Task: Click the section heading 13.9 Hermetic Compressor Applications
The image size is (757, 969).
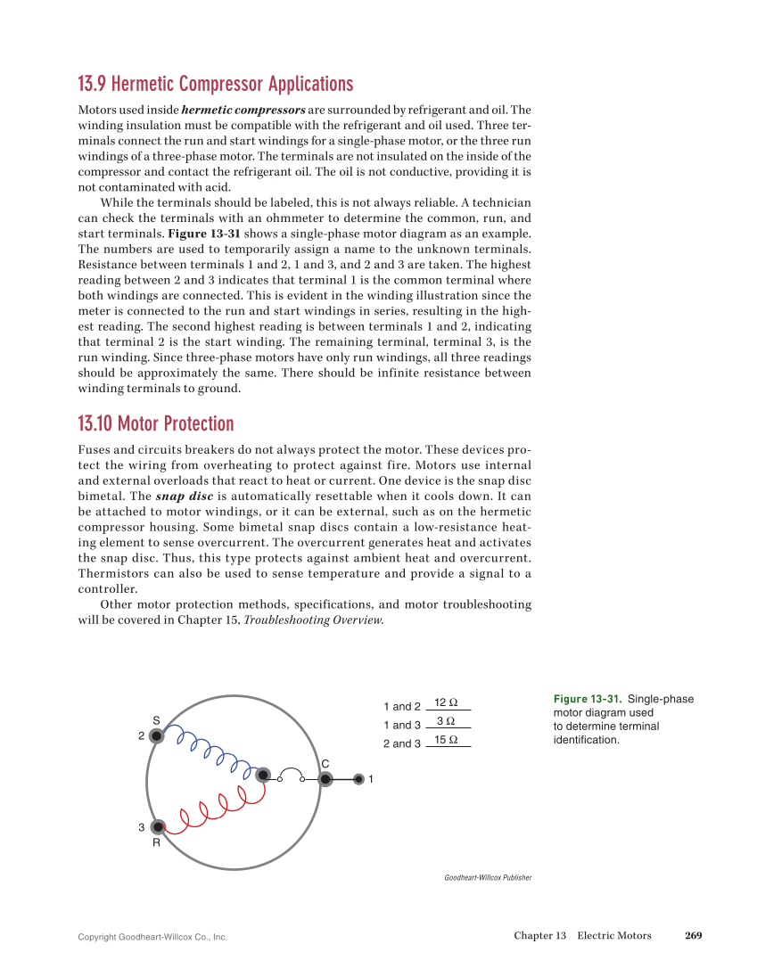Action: (x=215, y=85)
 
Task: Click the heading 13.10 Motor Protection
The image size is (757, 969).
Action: (x=156, y=423)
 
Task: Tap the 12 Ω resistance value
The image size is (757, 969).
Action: (x=446, y=702)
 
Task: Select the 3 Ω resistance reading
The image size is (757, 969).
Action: (x=446, y=721)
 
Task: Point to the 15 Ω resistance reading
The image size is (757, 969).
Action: (x=446, y=740)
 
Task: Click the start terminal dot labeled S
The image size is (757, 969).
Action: (x=157, y=735)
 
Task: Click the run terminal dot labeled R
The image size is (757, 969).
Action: (x=158, y=826)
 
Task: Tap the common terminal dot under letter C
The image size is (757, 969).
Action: (x=325, y=779)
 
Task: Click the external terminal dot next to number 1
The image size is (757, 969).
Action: (x=358, y=779)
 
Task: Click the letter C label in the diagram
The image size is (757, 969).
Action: (x=325, y=764)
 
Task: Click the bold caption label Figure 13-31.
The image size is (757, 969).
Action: (x=587, y=699)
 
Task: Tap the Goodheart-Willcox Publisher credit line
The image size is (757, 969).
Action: (x=488, y=878)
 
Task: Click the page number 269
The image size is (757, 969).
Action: (x=694, y=935)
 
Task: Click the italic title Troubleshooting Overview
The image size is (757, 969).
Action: (x=314, y=620)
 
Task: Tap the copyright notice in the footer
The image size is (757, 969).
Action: (x=152, y=937)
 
